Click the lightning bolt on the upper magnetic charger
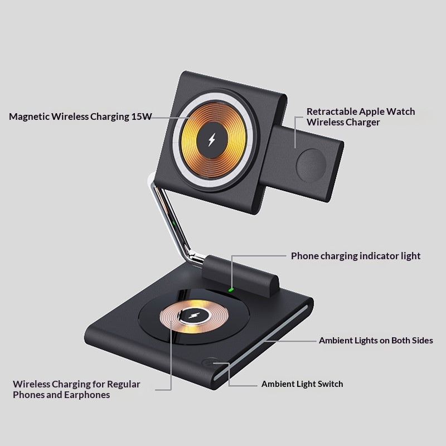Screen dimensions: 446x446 click(212, 140)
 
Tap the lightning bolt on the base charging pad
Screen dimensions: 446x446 click(195, 316)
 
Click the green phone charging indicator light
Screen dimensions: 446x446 click(231, 290)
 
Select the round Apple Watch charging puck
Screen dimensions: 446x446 click(311, 165)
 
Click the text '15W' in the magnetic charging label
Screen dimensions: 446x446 click(142, 117)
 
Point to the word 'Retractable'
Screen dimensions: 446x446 click(332, 111)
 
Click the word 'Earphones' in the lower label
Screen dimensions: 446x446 click(87, 395)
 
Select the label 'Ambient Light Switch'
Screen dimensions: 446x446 click(302, 384)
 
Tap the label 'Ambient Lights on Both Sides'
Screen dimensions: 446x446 click(376, 341)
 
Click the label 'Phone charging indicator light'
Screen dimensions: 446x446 click(356, 256)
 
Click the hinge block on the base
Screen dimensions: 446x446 click(240, 275)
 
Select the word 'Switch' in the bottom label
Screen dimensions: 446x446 click(330, 384)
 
